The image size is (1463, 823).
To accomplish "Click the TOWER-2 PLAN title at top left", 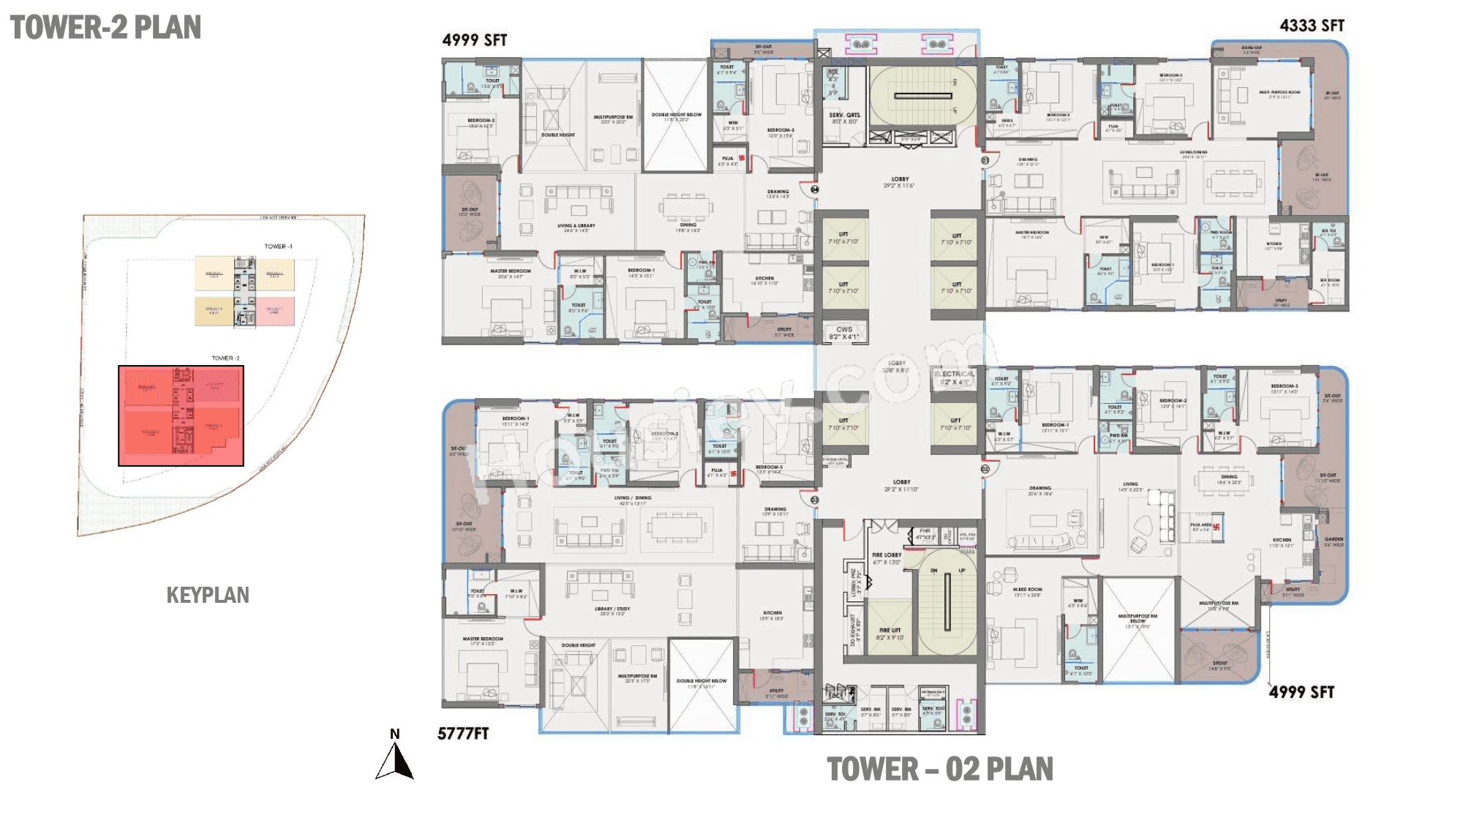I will pos(105,28).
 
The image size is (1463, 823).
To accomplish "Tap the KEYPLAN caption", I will pos(208,595).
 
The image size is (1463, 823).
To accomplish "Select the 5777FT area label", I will pos(463,734).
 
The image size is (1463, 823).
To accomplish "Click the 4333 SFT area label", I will pos(1312,26).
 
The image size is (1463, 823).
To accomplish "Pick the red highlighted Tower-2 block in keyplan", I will pos(181,416).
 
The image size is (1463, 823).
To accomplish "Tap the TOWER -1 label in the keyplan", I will pos(278,247).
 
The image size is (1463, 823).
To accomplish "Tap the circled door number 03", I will pos(815,500).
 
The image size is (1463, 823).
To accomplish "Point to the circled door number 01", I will pos(985,160).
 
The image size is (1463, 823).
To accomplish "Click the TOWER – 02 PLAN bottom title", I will pos(940,770).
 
